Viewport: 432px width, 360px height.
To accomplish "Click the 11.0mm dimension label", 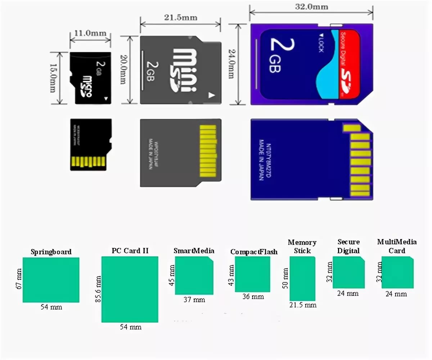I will pyautogui.click(x=90, y=33).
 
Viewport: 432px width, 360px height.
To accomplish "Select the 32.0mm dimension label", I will pyautogui.click(x=311, y=6).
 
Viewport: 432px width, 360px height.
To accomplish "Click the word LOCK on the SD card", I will pyautogui.click(x=321, y=43).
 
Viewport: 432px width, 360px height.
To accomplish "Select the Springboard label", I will pyautogui.click(x=51, y=252).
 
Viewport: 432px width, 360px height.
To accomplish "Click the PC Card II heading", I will pyautogui.click(x=130, y=251).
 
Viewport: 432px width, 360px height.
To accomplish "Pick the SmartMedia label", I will pyautogui.click(x=194, y=251).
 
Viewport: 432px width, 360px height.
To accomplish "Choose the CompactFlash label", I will pyautogui.click(x=254, y=252).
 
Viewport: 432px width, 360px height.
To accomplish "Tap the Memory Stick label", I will pyautogui.click(x=302, y=246).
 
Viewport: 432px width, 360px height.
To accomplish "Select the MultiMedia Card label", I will pyautogui.click(x=397, y=246).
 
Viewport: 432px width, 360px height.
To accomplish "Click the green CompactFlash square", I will pyautogui.click(x=252, y=274).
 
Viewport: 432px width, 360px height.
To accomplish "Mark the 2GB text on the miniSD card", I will pyautogui.click(x=150, y=71).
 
